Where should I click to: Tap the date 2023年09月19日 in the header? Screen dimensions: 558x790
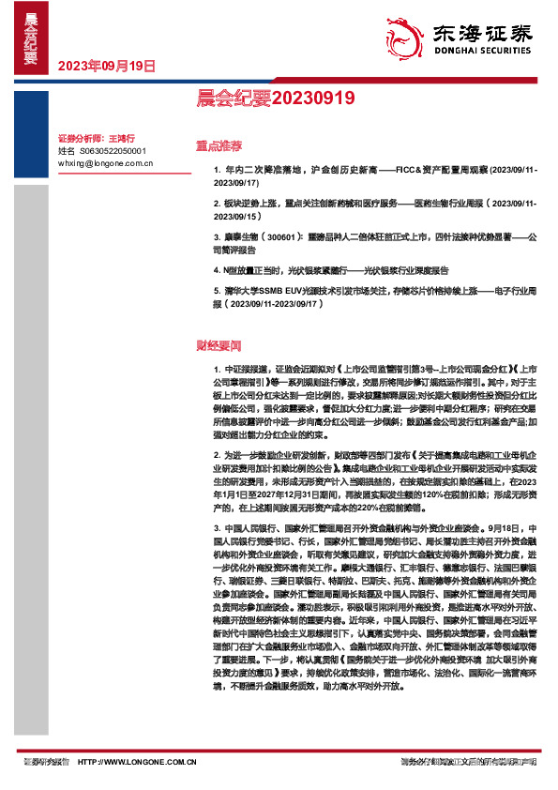(107, 67)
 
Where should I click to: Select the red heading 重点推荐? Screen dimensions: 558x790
(219, 146)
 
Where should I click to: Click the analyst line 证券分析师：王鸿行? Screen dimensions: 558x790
(97, 138)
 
